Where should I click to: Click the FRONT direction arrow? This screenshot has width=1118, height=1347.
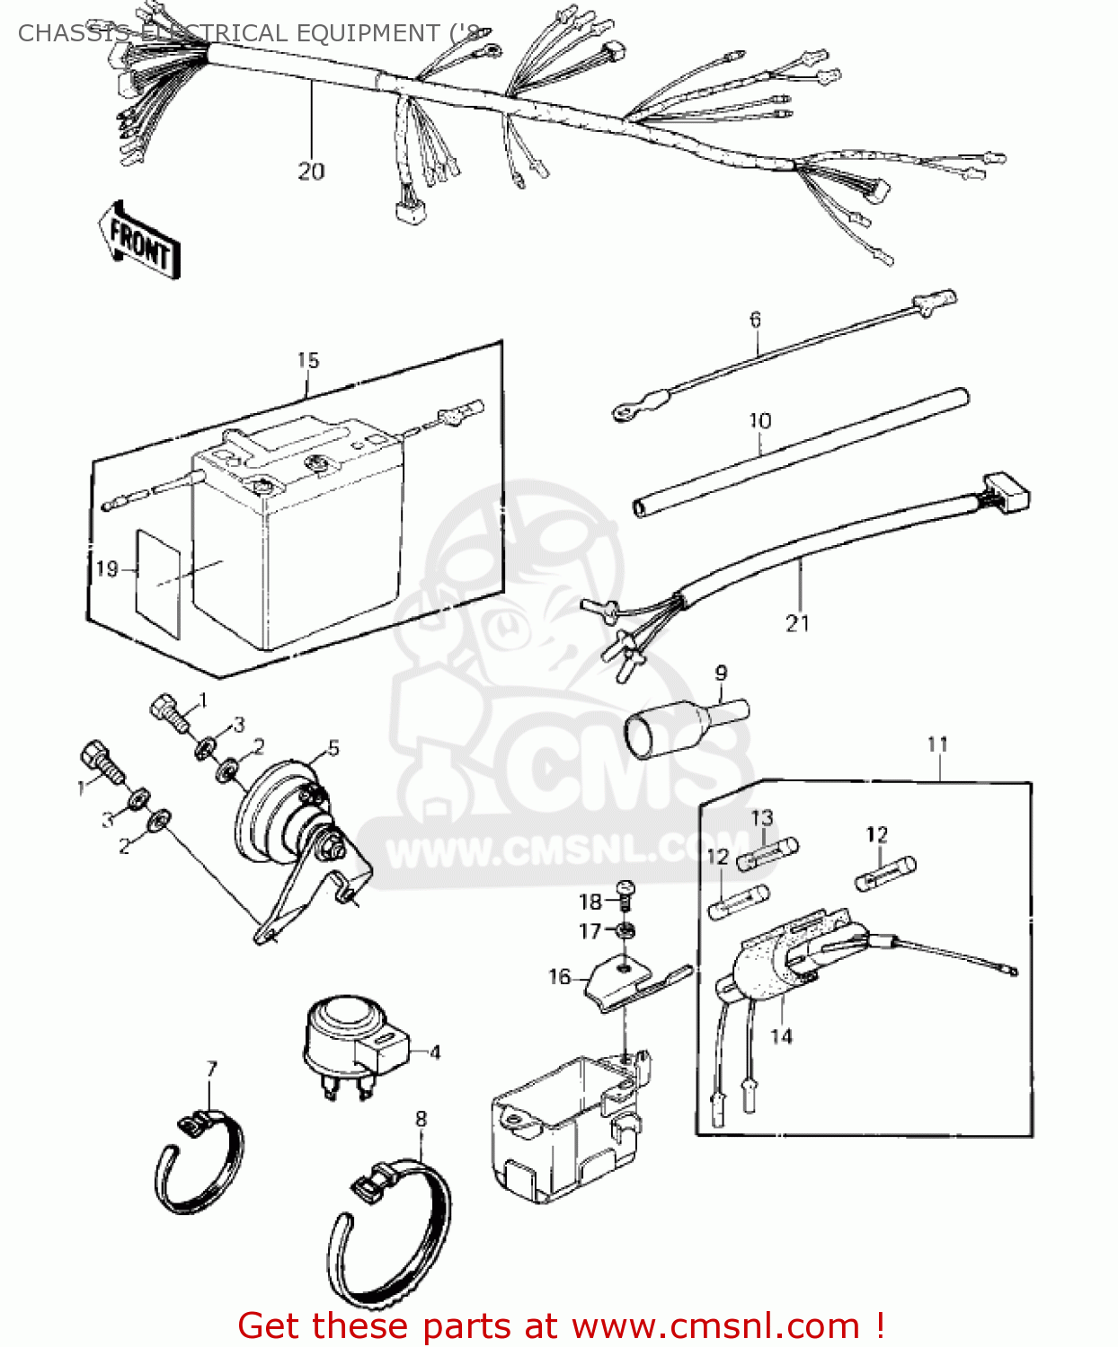(139, 241)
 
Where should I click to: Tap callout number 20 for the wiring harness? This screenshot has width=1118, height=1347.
(311, 171)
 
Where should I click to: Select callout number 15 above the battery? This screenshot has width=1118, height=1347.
(307, 360)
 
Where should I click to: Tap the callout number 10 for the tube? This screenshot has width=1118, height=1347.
(759, 420)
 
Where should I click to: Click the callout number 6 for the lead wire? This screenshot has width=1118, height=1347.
(755, 319)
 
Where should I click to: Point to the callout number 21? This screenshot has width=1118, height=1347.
(797, 622)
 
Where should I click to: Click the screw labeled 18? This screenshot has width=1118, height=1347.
(626, 893)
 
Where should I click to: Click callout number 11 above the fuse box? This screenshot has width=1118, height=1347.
(937, 744)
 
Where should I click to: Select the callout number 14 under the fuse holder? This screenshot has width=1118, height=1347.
(781, 1036)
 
